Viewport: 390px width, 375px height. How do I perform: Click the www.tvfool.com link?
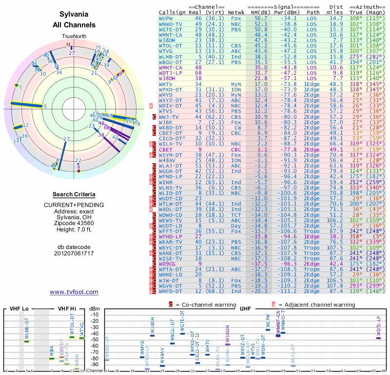click(x=74, y=292)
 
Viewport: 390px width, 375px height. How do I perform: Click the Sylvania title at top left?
click(x=74, y=15)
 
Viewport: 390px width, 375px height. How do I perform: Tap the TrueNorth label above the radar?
click(x=74, y=37)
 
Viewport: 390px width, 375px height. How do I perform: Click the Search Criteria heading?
click(x=74, y=194)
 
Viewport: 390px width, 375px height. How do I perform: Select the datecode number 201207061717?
click(x=74, y=254)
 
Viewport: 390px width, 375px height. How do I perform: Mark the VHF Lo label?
click(x=19, y=309)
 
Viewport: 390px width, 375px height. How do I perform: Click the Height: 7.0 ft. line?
click(x=74, y=229)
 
